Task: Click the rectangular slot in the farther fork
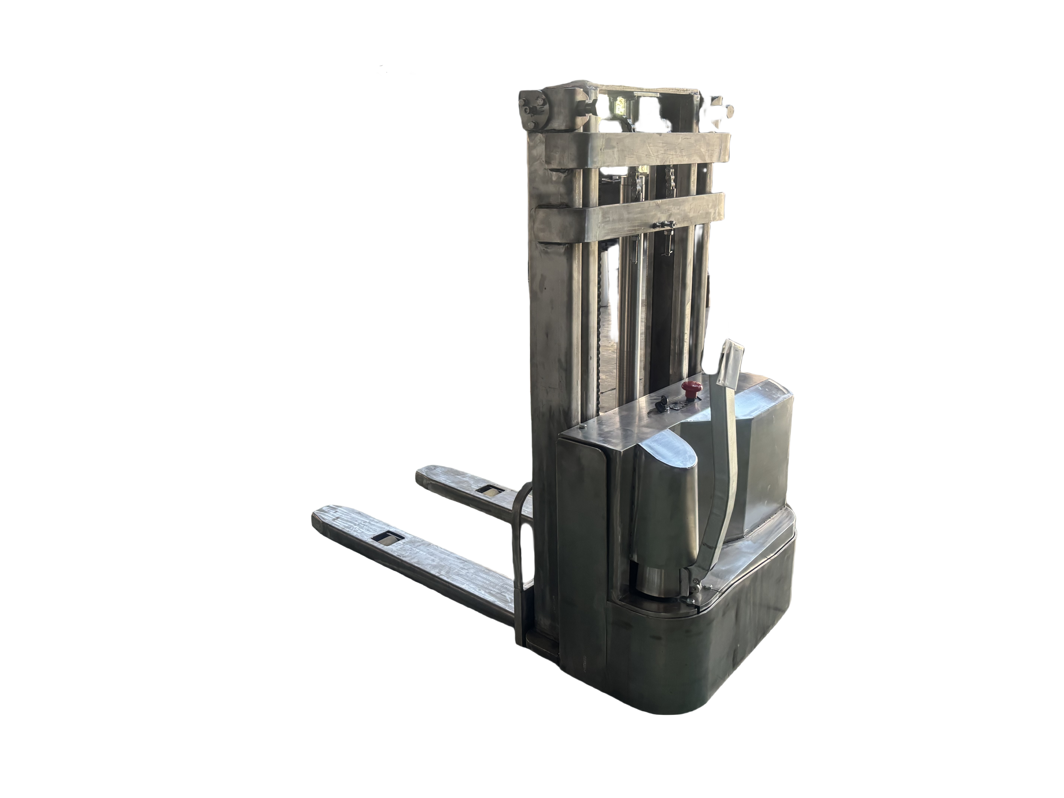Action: [491, 491]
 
